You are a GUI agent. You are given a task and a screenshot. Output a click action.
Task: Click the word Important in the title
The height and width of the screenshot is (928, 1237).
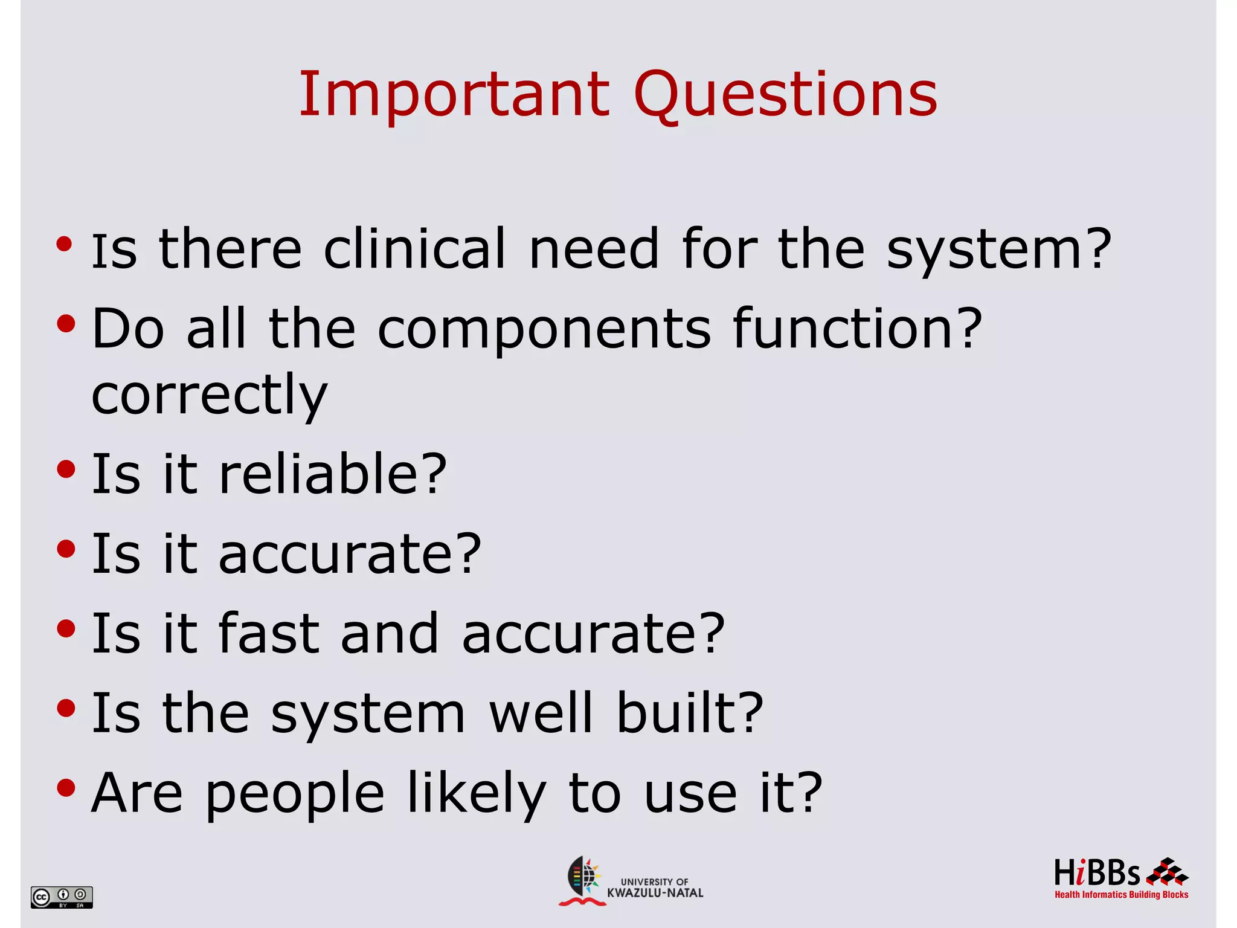[454, 95]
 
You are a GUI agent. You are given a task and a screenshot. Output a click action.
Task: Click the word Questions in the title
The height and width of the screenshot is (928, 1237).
[785, 95]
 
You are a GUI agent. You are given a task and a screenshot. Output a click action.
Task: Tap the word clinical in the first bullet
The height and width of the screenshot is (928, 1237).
[414, 249]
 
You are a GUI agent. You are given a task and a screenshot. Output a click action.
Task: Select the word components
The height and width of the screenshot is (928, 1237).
[544, 329]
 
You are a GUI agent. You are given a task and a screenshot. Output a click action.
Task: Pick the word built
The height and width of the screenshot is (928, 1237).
[690, 713]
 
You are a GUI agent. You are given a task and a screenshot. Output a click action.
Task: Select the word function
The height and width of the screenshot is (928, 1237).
[856, 329]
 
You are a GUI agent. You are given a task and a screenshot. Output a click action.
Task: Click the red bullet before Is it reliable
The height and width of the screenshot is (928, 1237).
[66, 469]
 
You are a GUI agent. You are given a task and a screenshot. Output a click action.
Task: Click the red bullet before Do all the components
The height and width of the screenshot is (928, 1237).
[66, 324]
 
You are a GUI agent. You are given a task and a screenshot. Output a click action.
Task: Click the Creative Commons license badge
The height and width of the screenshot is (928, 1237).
[62, 897]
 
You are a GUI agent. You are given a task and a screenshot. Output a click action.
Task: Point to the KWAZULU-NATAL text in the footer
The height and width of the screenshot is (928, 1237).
[655, 893]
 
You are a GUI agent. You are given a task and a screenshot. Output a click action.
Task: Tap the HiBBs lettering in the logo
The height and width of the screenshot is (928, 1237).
[1096, 874]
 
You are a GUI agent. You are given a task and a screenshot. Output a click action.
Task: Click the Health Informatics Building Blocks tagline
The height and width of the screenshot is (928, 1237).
[1121, 895]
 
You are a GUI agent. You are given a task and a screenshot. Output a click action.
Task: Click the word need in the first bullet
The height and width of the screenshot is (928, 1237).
[594, 249]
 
